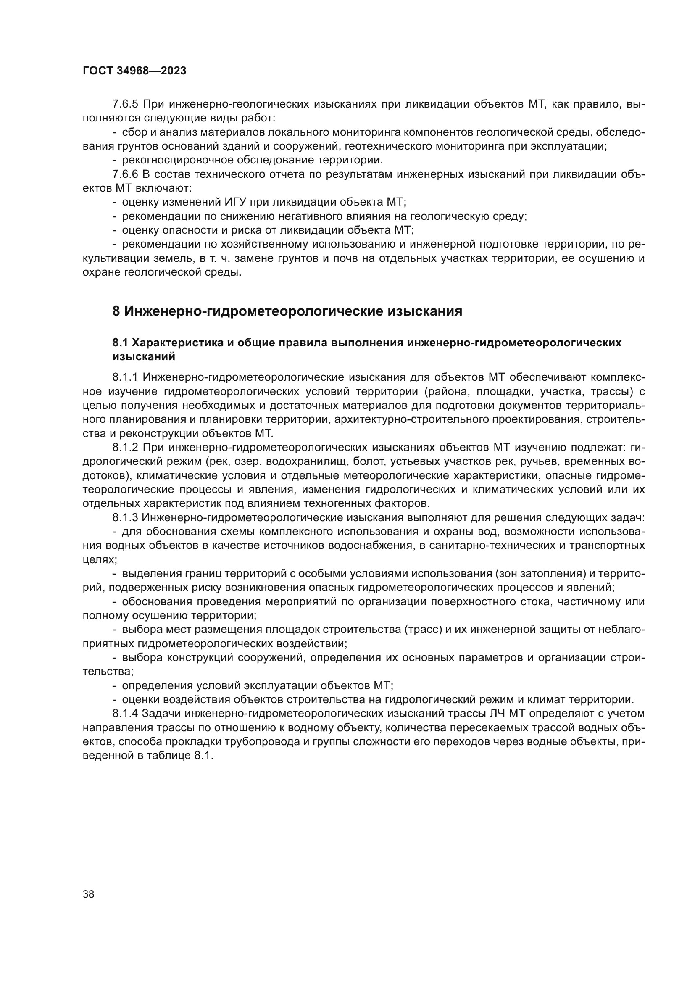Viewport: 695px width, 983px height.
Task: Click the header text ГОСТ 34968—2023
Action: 134,71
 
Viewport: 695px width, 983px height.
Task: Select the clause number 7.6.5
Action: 125,104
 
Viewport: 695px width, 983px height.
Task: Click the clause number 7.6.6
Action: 125,174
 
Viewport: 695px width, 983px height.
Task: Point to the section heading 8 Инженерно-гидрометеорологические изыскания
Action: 287,311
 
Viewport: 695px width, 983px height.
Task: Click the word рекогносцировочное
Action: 169,160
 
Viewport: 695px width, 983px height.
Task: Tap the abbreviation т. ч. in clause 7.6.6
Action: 221,258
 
